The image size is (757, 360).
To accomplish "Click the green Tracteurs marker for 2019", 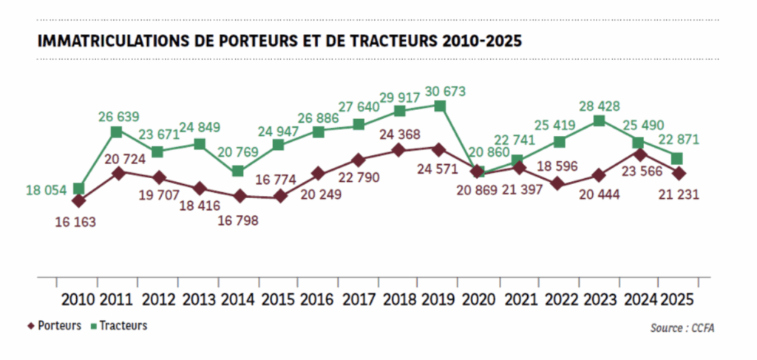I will coord(440,106).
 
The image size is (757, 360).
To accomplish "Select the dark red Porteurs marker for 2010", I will coord(78,200).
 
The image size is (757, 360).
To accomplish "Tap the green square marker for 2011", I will coord(116,132).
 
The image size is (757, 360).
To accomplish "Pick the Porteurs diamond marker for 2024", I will coord(639,154).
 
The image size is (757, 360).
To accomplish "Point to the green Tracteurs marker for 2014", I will coord(238,171).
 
